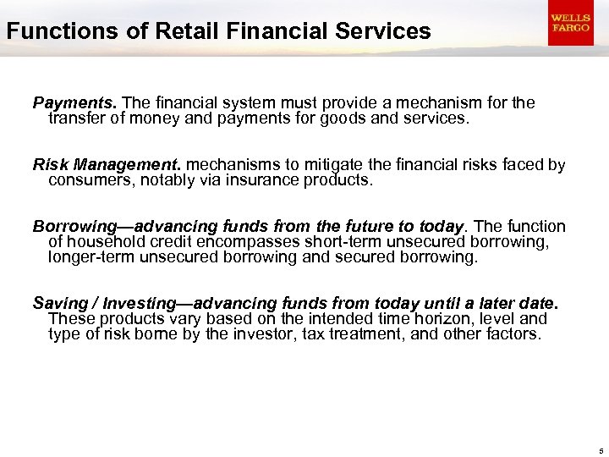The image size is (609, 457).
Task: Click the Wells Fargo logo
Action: [x=569, y=24]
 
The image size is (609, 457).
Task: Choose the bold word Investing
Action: [x=127, y=303]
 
